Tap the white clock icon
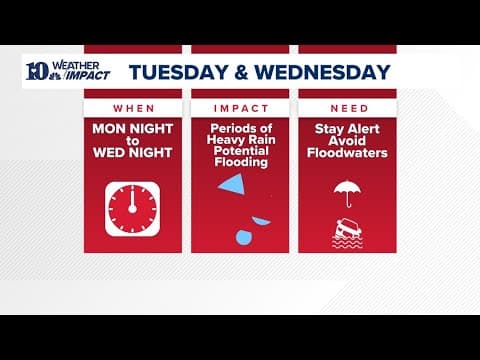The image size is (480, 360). (133, 208)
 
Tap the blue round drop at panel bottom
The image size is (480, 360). (242, 237)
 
